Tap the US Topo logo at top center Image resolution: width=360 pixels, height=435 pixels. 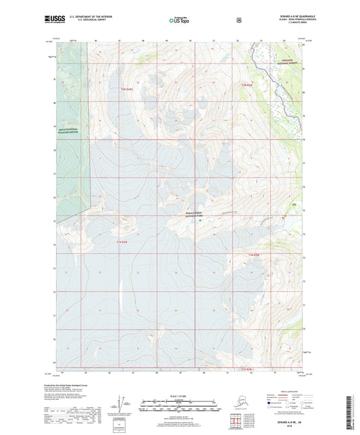coord(180,22)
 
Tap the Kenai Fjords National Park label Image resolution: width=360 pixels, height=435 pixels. coord(195,215)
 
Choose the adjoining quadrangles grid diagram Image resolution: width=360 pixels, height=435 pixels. coord(237,423)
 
